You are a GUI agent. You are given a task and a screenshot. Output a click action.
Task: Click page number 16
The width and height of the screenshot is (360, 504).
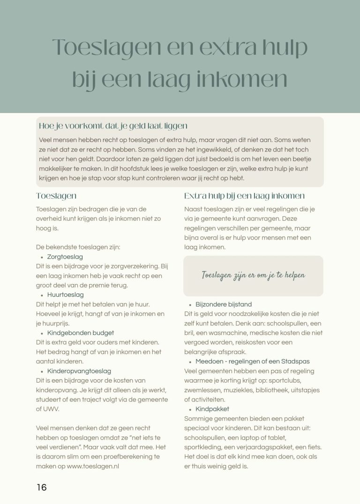(42, 487)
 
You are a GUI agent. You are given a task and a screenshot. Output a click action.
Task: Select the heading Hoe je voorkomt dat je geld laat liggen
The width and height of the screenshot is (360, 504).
(113, 126)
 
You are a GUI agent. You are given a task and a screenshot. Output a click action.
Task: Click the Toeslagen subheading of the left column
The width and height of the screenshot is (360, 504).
(56, 196)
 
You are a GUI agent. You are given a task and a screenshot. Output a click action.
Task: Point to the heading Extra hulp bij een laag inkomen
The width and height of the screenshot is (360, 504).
(244, 196)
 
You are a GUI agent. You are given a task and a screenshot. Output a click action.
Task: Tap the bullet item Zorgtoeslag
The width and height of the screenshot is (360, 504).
(65, 256)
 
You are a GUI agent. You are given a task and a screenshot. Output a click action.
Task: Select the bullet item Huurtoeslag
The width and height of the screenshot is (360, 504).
(66, 294)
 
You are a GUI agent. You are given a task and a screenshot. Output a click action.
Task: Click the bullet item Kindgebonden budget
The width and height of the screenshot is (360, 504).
(81, 333)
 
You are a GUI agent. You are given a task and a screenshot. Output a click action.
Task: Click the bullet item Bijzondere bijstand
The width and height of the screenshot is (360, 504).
(224, 304)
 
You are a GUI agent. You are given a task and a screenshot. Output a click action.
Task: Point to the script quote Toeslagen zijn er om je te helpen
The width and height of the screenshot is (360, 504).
(253, 275)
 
